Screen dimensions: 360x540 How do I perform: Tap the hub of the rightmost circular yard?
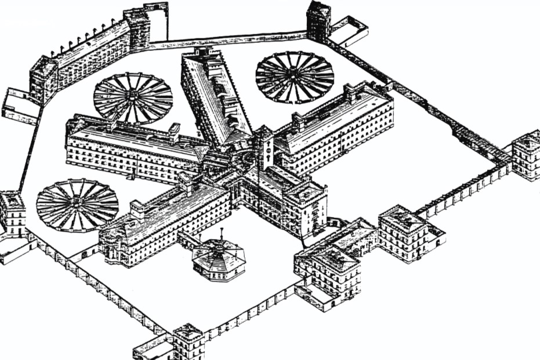pyautogui.click(x=295, y=77)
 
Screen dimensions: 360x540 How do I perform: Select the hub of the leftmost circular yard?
pyautogui.click(x=77, y=205)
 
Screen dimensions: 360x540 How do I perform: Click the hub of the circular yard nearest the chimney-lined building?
pyautogui.click(x=133, y=97)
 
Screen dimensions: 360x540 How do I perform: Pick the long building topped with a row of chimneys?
pyautogui.click(x=87, y=55)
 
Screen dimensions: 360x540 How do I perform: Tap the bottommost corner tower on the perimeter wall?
pyautogui.click(x=189, y=342)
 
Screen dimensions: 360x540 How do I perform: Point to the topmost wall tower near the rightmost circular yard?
pyautogui.click(x=318, y=20)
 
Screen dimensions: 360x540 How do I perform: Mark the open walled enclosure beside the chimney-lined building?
pyautogui.click(x=20, y=107)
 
